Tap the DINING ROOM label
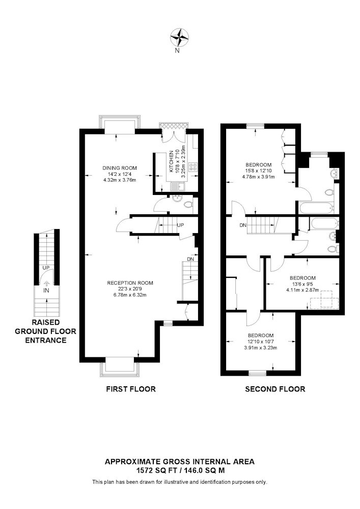(x=120, y=168)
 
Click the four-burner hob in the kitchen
(x=193, y=167)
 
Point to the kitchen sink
(x=178, y=187)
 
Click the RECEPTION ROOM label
(x=130, y=283)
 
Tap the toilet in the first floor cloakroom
(x=188, y=205)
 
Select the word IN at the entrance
(x=46, y=291)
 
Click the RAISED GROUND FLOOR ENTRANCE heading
(x=46, y=331)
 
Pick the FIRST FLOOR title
(x=131, y=389)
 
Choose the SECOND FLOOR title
(x=275, y=389)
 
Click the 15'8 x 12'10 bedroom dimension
(x=258, y=171)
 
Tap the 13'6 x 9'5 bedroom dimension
(x=302, y=284)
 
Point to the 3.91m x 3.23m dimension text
(x=261, y=348)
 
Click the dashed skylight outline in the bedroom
(x=324, y=300)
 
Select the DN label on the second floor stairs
(x=243, y=225)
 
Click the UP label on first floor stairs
(x=180, y=225)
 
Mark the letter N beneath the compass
(x=177, y=50)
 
